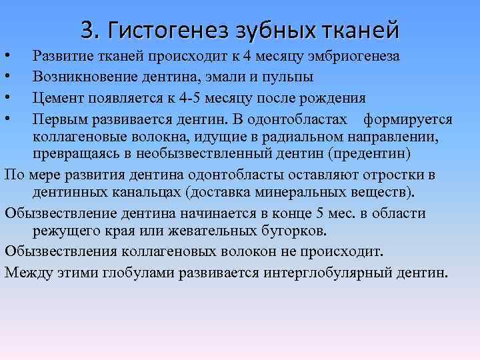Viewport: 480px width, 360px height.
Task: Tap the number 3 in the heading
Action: coord(87,29)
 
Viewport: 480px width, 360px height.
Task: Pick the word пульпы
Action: coord(290,77)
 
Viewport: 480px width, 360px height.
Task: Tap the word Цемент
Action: coord(59,99)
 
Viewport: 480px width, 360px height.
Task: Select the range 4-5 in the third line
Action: coord(191,99)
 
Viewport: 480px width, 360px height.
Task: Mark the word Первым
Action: coord(60,120)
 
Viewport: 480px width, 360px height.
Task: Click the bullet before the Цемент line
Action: coord(6,99)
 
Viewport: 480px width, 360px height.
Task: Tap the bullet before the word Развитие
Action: coord(6,56)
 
